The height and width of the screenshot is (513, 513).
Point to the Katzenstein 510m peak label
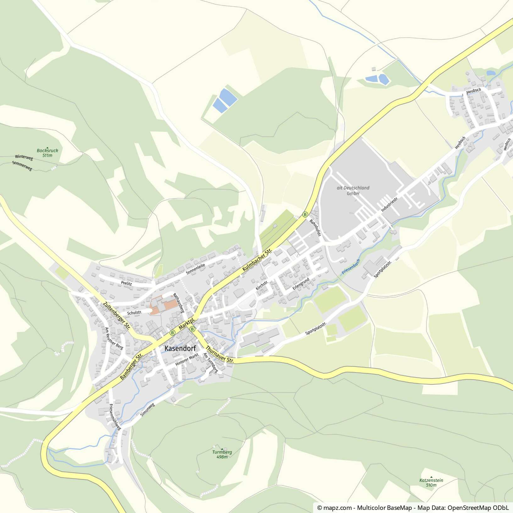431,483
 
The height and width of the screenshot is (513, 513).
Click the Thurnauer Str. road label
220,355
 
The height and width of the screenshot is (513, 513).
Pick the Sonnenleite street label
195,269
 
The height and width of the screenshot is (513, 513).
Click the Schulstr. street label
135,312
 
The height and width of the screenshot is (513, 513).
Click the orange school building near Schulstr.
163,304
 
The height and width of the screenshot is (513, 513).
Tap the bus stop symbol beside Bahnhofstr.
305,214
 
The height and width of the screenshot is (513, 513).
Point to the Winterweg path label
24,157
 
